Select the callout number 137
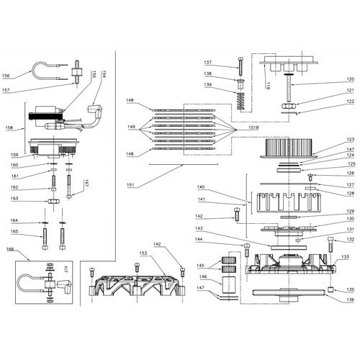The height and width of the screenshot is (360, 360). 207,62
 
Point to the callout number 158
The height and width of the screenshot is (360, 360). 9,127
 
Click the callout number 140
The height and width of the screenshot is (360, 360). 201,186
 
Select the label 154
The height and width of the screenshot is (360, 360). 104,74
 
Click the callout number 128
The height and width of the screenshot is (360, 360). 351,193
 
